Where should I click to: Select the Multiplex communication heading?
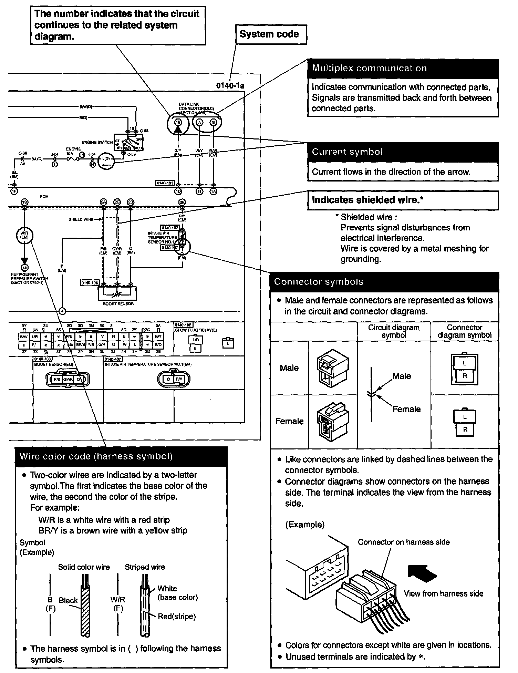(369, 68)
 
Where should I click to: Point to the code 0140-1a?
(230, 86)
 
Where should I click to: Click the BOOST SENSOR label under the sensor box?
(118, 304)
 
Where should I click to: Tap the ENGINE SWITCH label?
(97, 142)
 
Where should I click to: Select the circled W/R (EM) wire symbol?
(24, 236)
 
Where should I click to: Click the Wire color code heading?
(96, 457)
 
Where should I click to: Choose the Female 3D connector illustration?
(332, 421)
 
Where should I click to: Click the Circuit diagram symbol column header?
(394, 331)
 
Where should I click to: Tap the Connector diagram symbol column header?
(464, 331)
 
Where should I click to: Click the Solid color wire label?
(84, 567)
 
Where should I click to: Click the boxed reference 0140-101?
(165, 183)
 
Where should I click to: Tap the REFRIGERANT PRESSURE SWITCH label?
(29, 278)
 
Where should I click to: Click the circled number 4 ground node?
(62, 311)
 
